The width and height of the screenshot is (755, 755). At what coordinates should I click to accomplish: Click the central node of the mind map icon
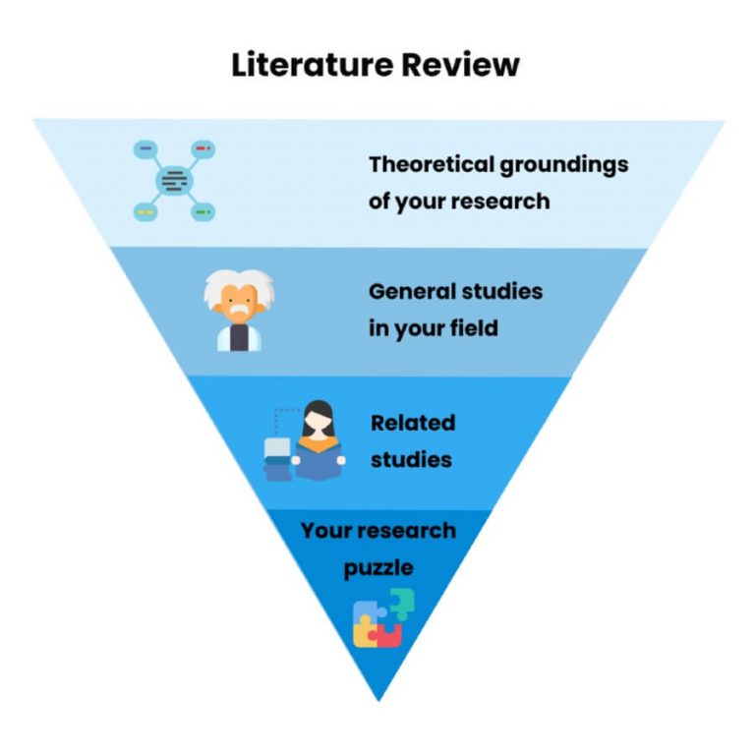[x=174, y=181]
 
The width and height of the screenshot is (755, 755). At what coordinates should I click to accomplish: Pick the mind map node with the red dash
[x=203, y=148]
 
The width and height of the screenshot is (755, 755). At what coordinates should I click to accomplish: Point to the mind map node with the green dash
[x=203, y=211]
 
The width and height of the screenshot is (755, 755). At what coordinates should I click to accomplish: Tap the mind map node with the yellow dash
[x=145, y=211]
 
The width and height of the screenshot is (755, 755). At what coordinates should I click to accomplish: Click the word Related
[x=413, y=423]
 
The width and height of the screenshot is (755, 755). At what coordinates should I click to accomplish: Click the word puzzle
[x=377, y=567]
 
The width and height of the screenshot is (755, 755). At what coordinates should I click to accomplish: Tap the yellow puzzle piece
[x=364, y=633]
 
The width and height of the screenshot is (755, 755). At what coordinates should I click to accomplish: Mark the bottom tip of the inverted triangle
[x=378, y=699]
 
